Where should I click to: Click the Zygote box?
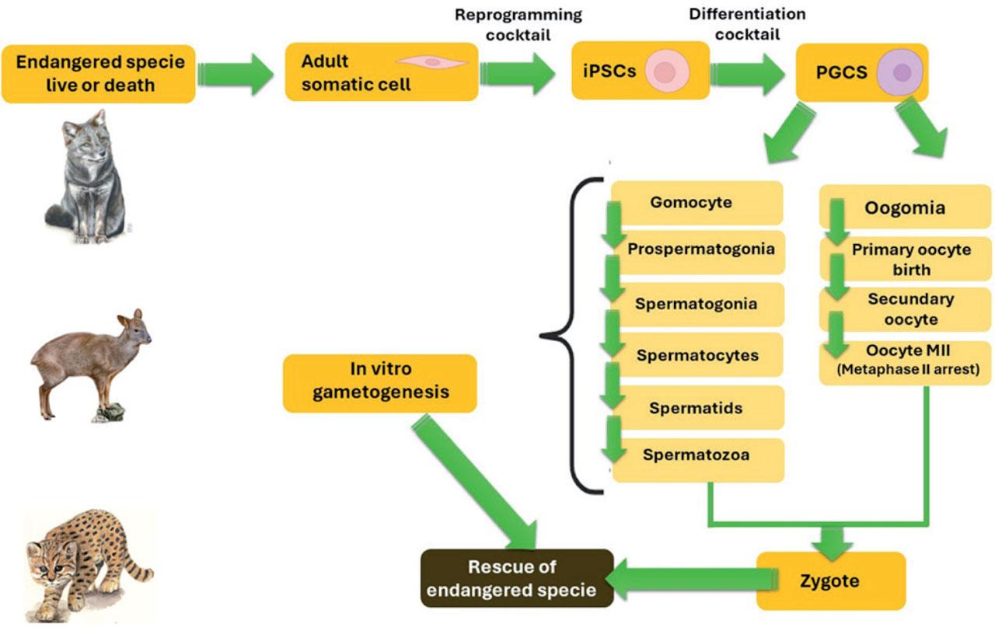(x=831, y=580)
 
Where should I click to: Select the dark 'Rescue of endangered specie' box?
(x=517, y=578)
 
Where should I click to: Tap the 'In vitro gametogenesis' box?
(x=380, y=383)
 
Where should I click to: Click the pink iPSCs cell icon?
(x=667, y=71)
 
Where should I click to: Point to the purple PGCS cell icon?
(x=900, y=72)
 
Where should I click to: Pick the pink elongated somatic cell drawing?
(x=431, y=62)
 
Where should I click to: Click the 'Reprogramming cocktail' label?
(x=518, y=25)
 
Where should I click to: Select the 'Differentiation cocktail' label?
(x=747, y=24)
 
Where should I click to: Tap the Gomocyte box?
(x=696, y=203)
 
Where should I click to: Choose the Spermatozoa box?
(x=698, y=460)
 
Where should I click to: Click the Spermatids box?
(x=697, y=407)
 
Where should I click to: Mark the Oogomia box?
(x=905, y=207)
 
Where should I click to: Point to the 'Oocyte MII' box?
(x=905, y=363)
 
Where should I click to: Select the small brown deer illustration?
(x=91, y=365)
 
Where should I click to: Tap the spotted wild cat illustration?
(x=89, y=567)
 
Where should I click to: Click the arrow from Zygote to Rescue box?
(x=692, y=579)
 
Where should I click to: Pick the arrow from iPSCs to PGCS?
(x=748, y=74)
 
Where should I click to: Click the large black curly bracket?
(x=571, y=336)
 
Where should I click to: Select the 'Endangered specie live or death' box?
(x=99, y=74)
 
